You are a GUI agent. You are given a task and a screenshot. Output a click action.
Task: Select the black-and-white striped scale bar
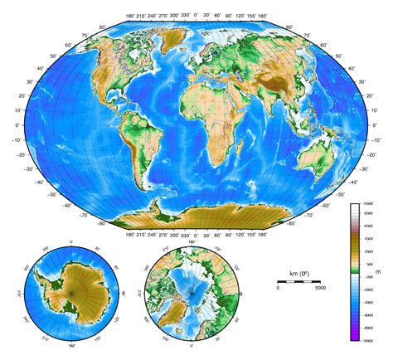click(x=299, y=282)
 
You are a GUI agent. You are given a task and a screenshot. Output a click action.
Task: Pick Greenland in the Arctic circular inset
click(x=182, y=311)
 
